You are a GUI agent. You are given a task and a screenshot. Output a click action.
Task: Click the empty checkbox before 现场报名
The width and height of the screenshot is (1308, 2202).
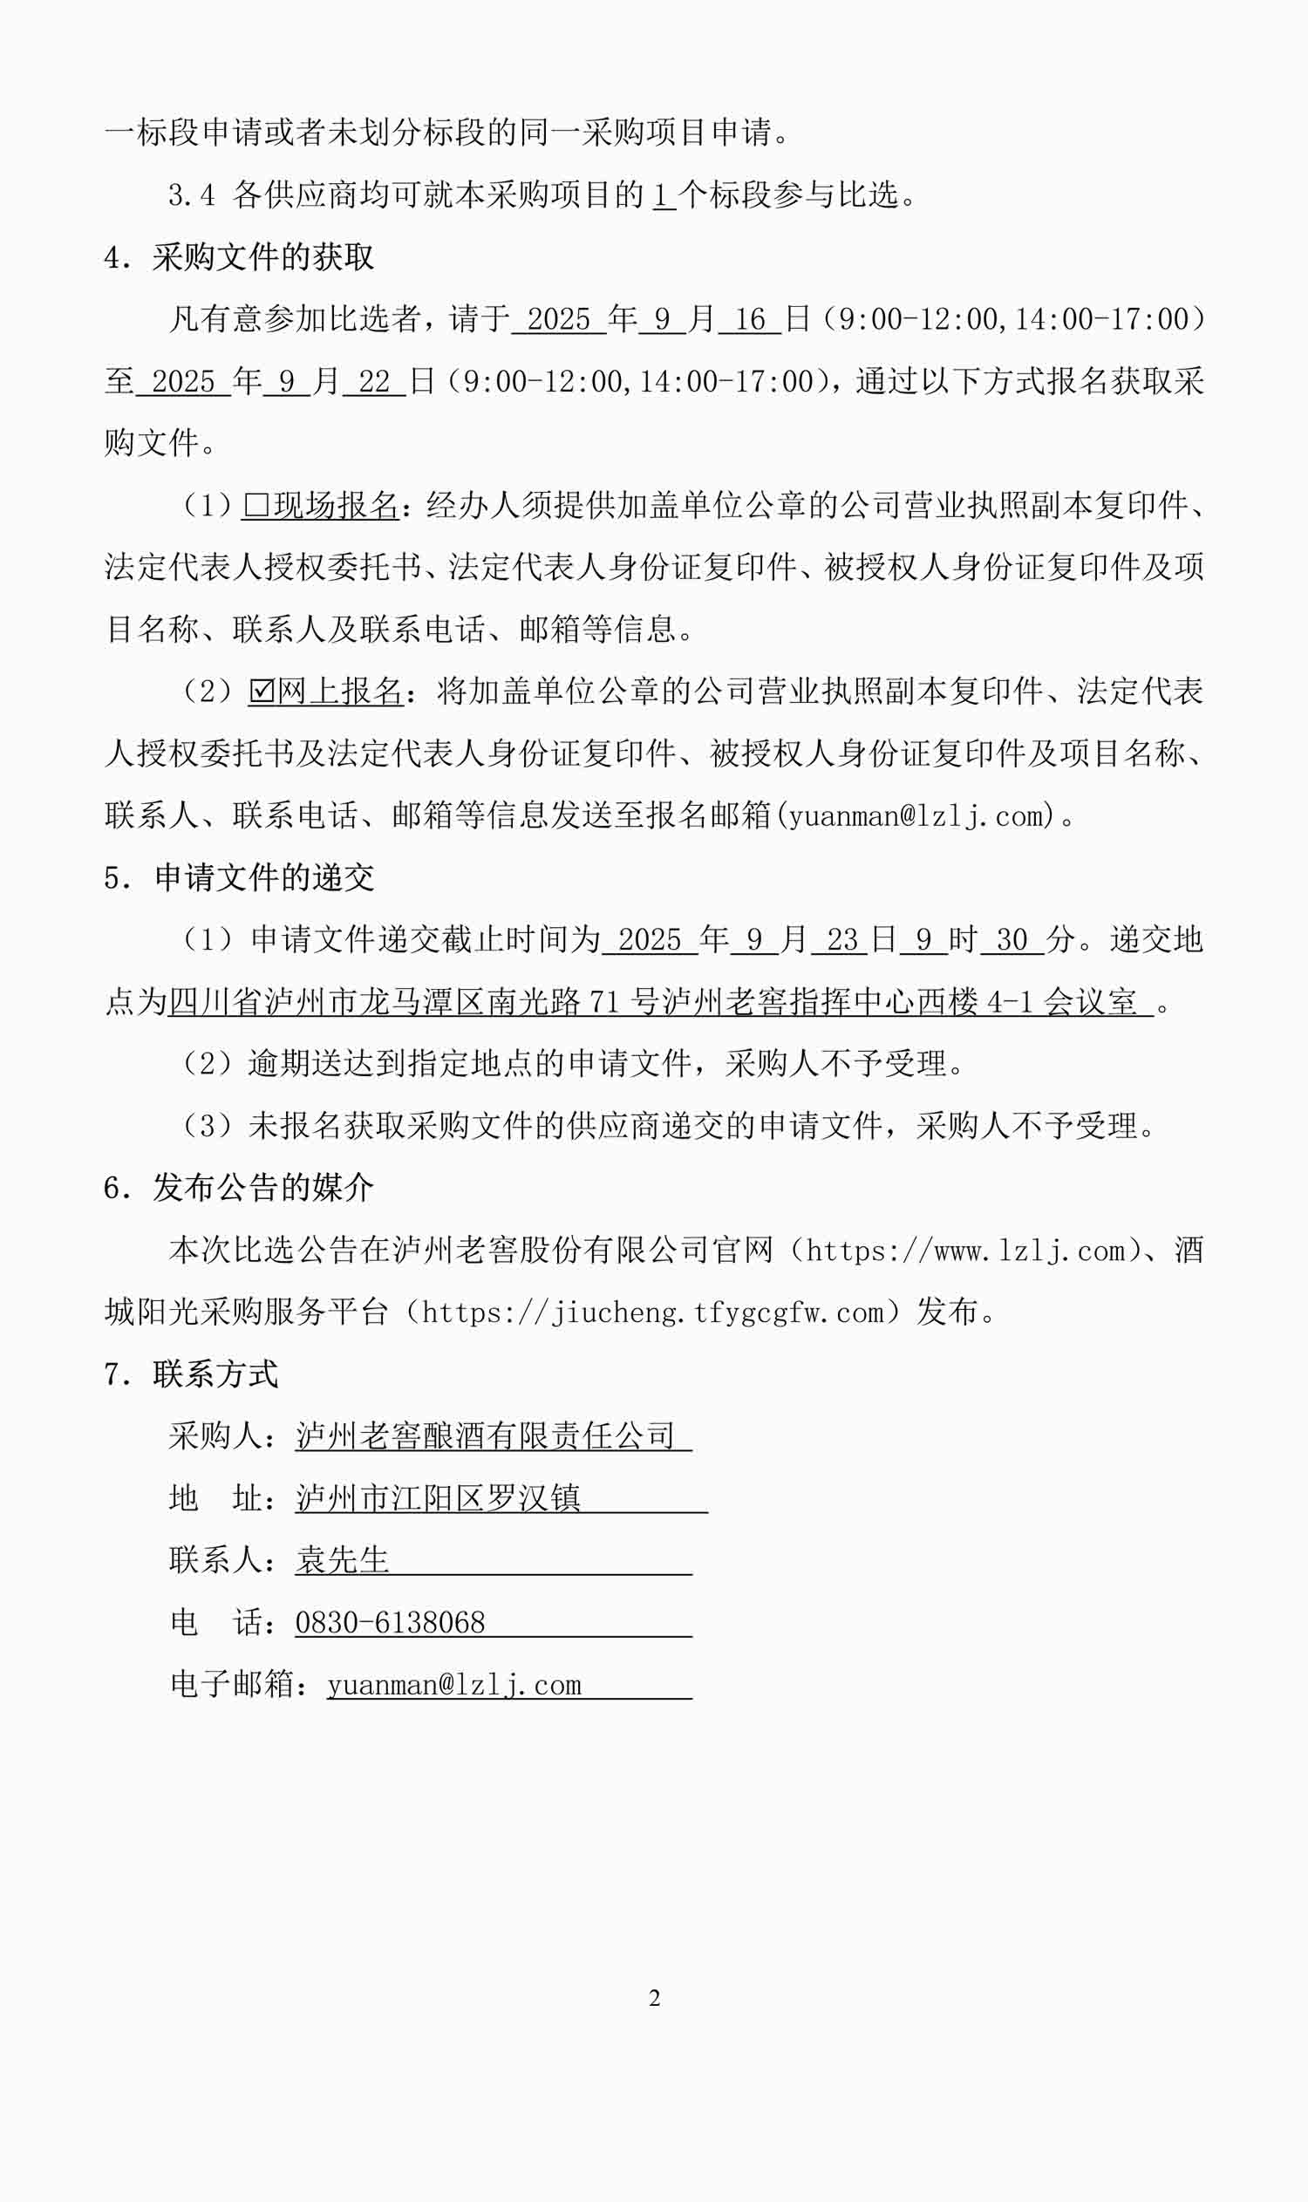coord(255,505)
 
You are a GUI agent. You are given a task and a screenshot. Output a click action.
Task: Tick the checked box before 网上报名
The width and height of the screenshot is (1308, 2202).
coord(261,691)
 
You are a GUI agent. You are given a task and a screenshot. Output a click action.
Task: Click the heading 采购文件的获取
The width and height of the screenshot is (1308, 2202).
coord(262,256)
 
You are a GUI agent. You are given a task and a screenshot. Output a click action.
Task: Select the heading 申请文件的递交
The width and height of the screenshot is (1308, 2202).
coord(263,877)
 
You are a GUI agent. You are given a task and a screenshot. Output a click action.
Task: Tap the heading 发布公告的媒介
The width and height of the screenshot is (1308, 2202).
coord(262,1188)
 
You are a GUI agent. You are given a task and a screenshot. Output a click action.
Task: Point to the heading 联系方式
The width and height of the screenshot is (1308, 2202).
coord(215,1374)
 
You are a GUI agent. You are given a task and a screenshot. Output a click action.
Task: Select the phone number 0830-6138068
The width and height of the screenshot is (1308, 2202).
coord(390,1622)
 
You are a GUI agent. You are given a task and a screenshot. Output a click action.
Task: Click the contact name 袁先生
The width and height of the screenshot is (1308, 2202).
coord(342,1560)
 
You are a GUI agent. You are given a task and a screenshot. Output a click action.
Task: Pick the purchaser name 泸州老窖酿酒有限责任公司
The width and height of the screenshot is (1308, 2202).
coord(485,1436)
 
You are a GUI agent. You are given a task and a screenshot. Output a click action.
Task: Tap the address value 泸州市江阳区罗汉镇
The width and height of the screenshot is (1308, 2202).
coord(437,1497)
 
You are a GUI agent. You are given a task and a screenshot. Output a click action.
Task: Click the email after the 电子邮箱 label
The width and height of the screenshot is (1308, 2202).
coord(454,1685)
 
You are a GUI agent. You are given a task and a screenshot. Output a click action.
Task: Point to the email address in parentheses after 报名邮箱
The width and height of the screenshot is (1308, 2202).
coord(916,815)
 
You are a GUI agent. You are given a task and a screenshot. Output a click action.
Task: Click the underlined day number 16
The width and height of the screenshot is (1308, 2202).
coord(749,319)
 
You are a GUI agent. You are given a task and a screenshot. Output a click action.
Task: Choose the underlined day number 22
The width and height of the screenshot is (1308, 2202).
coord(374,381)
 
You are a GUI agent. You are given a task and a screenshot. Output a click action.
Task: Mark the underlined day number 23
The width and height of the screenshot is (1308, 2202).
coord(841,940)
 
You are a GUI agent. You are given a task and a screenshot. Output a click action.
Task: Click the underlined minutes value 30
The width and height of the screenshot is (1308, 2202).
coord(1012,940)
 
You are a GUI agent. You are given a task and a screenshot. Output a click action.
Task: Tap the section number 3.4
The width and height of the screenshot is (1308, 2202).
coord(191,194)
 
